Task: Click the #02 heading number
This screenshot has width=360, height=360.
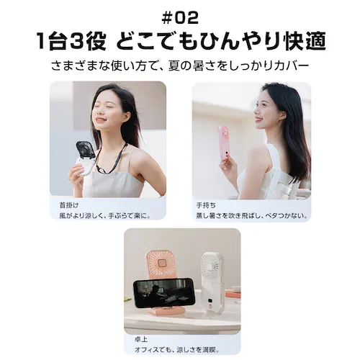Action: tap(180, 16)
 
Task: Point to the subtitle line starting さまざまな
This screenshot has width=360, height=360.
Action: tap(180, 65)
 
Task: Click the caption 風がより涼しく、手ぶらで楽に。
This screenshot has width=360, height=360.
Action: tap(101, 214)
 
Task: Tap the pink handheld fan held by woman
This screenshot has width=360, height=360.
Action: tap(223, 140)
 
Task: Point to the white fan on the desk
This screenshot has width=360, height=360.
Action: tap(210, 277)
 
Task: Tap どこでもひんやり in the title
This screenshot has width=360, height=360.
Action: tap(188, 40)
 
